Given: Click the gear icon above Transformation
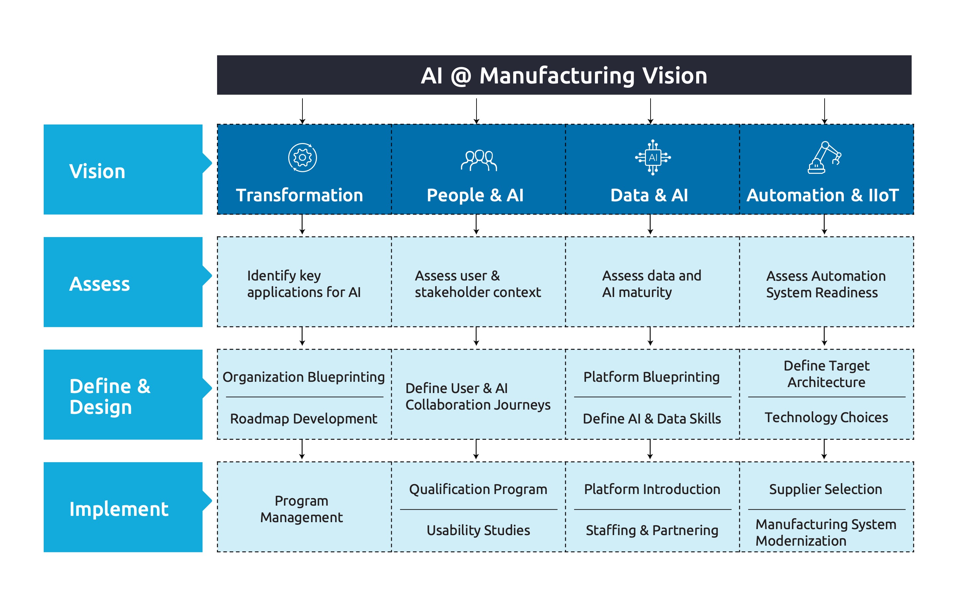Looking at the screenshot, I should coord(302,158).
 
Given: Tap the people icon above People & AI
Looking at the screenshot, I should coord(478,160).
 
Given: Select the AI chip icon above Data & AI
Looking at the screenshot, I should coord(653,157).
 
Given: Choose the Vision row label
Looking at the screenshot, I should coord(97,172).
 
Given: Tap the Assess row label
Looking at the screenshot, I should coord(99,284).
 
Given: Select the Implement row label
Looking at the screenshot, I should coord(118,509).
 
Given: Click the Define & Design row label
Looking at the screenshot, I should coord(110,396).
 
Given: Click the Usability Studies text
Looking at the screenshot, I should coord(478,530).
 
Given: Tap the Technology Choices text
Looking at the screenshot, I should coord(826,418).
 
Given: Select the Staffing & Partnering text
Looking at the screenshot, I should coord(652,530).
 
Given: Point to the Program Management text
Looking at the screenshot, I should coord(302,509).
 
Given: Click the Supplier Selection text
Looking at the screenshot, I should coord(825,489).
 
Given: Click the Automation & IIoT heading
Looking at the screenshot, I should coord(822,195).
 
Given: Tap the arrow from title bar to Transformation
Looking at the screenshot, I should coord(302,111).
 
